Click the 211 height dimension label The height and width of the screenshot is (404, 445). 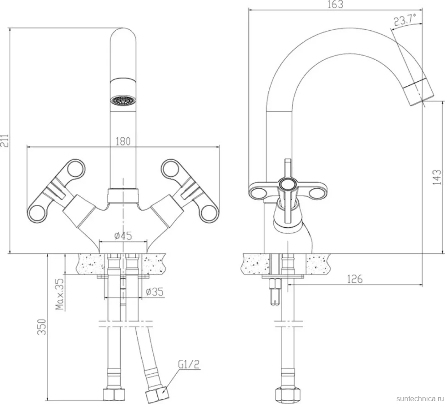click(x=5, y=140)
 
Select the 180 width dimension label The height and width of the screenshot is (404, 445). click(x=123, y=141)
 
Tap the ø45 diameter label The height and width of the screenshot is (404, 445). click(x=123, y=236)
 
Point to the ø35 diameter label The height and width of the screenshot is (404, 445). click(x=155, y=292)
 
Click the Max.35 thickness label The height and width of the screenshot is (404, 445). click(x=60, y=293)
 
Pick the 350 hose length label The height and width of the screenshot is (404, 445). click(x=42, y=327)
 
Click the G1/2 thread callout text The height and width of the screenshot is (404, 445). click(x=189, y=364)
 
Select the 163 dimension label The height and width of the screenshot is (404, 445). click(x=335, y=5)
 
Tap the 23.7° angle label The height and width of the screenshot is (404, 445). click(x=405, y=20)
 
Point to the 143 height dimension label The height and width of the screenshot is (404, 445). click(x=437, y=177)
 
